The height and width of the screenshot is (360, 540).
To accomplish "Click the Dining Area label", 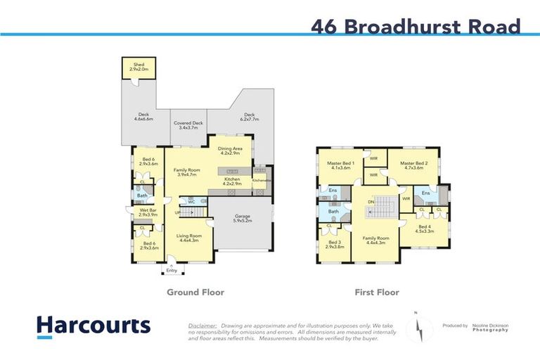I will pyautogui.click(x=230, y=150).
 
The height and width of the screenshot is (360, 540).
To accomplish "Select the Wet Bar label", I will pyautogui.click(x=147, y=211).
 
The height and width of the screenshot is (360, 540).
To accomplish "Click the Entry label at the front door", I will pyautogui.click(x=172, y=271).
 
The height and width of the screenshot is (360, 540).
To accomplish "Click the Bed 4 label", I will pyautogui.click(x=424, y=228).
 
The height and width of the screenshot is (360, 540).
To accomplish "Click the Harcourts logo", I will pyautogui.click(x=94, y=326).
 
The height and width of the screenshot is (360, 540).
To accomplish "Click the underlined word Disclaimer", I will pyautogui.click(x=202, y=326).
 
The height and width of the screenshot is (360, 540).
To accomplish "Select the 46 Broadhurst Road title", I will pyautogui.click(x=416, y=27).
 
